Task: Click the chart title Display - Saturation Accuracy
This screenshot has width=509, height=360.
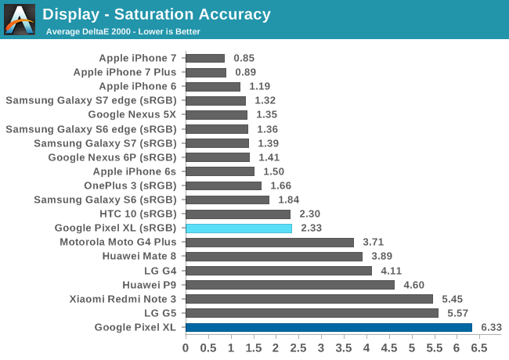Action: click(x=157, y=14)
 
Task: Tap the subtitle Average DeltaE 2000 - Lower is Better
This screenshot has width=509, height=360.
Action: click(x=123, y=31)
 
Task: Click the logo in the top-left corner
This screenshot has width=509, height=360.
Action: click(x=20, y=20)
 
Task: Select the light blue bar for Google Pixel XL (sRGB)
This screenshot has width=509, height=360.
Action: click(x=239, y=228)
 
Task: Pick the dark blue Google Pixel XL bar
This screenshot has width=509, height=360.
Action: click(x=329, y=327)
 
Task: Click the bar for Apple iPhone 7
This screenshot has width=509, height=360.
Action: click(x=205, y=58)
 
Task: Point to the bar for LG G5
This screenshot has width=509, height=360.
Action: click(x=312, y=313)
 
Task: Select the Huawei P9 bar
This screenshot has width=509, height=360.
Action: click(x=290, y=285)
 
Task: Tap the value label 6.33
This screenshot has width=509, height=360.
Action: click(x=491, y=327)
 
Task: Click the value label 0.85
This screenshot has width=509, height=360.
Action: click(x=244, y=58)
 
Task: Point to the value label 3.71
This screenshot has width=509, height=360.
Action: click(x=373, y=242)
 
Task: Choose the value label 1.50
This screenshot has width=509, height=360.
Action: click(x=273, y=171)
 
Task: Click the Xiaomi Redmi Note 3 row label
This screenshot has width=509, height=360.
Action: click(x=123, y=299)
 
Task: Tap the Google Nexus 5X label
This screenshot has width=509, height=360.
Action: click(x=132, y=114)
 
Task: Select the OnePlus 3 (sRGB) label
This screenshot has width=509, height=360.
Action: click(x=130, y=185)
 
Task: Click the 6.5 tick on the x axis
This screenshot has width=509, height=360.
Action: click(x=479, y=347)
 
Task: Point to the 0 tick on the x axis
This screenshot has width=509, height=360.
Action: click(x=186, y=347)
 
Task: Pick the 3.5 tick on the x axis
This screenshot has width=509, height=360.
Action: click(x=344, y=347)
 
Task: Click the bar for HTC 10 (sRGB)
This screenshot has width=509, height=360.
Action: click(x=238, y=214)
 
